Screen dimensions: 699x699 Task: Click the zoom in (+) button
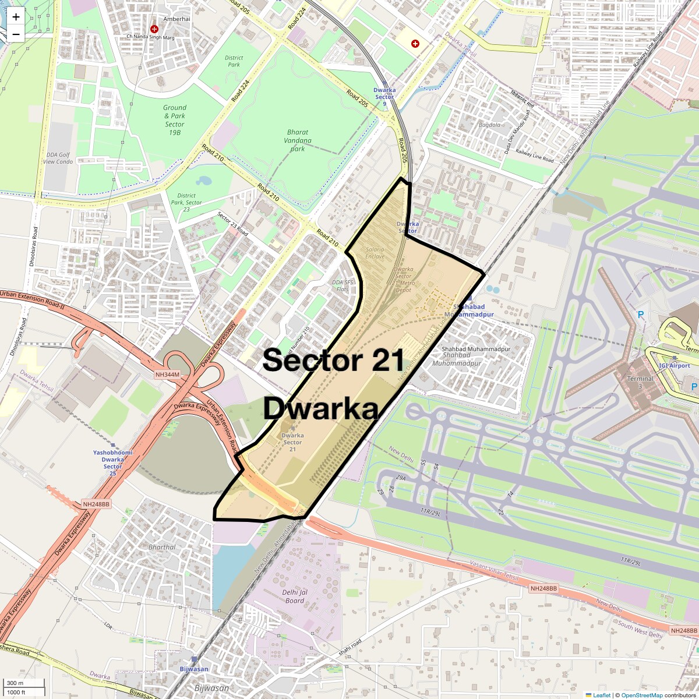pyautogui.click(x=16, y=17)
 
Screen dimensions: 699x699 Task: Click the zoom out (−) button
pyautogui.click(x=16, y=34)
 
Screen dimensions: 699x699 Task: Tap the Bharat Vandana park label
pyautogui.click(x=298, y=140)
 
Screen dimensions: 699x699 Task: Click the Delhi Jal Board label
pyautogui.click(x=295, y=596)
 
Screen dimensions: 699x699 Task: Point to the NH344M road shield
pyautogui.click(x=168, y=375)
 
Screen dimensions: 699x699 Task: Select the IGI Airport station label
pyautogui.click(x=675, y=365)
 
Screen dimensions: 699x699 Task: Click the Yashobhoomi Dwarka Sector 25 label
pyautogui.click(x=113, y=460)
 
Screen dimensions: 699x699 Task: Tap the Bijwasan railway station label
pyautogui.click(x=194, y=669)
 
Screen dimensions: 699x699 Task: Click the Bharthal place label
pyautogui.click(x=162, y=547)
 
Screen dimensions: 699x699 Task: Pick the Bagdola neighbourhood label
pyautogui.click(x=489, y=125)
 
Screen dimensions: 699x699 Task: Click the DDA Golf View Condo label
pyautogui.click(x=58, y=158)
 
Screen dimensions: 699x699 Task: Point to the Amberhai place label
pyautogui.click(x=176, y=19)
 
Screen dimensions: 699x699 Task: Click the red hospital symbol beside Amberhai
pyautogui.click(x=154, y=29)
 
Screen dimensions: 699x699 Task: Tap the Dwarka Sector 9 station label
pyautogui.click(x=384, y=93)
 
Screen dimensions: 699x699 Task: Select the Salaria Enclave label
pyautogui.click(x=375, y=253)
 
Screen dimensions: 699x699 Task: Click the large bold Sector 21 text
pyautogui.click(x=333, y=361)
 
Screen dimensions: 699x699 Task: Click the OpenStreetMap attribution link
pyautogui.click(x=642, y=695)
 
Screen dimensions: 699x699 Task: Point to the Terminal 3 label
pyautogui.click(x=640, y=382)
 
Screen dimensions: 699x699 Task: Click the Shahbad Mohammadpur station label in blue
pyautogui.click(x=469, y=310)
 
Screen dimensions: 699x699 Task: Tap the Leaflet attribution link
pyautogui.click(x=602, y=695)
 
